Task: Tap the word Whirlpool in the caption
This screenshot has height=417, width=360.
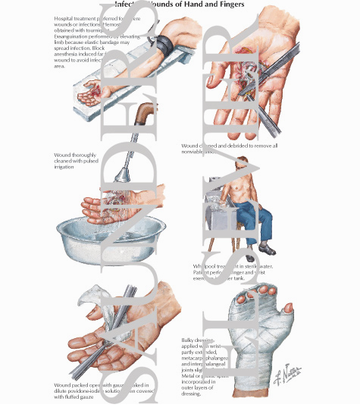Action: [208, 266]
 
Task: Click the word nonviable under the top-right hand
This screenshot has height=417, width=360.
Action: [200, 152]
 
